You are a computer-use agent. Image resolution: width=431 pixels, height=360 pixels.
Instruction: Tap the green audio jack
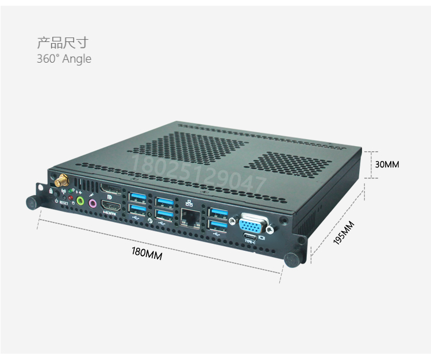(x=80, y=201)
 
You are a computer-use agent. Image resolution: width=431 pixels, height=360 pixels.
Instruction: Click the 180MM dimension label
(x=147, y=254)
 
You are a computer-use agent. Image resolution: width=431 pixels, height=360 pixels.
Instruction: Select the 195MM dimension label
(x=344, y=233)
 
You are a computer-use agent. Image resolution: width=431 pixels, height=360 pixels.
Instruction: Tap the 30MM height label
(x=387, y=164)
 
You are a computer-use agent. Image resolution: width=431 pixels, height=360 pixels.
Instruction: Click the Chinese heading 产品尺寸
(x=63, y=43)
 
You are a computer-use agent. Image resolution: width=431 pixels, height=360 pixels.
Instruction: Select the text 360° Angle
(x=64, y=59)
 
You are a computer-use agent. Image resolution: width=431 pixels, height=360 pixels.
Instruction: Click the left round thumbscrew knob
(x=32, y=203)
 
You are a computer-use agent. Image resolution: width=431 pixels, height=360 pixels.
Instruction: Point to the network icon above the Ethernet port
(x=188, y=203)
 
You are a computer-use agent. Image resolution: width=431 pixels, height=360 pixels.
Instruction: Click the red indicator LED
(x=71, y=198)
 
